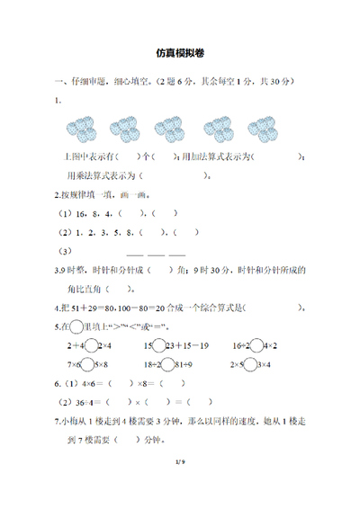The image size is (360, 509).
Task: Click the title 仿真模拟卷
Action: click(x=180, y=54)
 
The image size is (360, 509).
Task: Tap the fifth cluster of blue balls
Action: click(x=263, y=128)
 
